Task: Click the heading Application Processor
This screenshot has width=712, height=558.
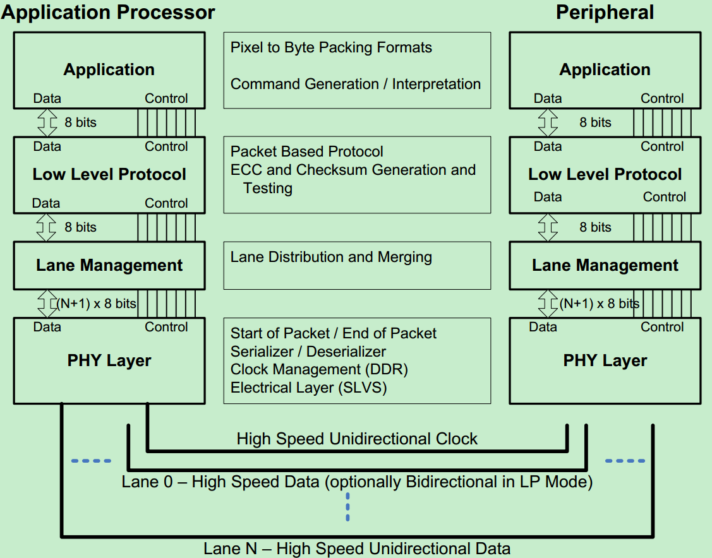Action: coord(108,12)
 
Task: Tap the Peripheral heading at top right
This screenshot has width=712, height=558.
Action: coord(605,12)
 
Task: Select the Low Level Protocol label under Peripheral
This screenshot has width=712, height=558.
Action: coord(605,174)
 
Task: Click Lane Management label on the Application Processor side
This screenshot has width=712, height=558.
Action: coord(109,265)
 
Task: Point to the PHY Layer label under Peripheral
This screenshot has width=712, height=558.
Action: coord(605,360)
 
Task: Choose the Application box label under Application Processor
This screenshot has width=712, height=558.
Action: coord(109,69)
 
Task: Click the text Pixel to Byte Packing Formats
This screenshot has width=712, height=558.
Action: coord(331,47)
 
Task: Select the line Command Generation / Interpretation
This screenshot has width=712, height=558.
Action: coord(355,84)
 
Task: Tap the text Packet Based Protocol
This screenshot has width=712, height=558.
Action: coord(306,151)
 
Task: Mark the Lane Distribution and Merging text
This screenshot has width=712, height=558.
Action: coord(331,257)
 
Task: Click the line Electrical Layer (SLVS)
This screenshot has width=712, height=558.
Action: coord(308,388)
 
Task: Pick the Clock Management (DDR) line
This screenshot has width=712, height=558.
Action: coord(319,369)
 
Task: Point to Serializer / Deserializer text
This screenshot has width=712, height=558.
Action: coord(308,351)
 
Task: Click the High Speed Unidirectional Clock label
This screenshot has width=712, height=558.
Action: coord(357,439)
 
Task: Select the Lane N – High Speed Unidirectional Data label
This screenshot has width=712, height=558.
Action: coord(357,549)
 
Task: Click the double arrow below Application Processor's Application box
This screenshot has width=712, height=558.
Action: coord(47,122)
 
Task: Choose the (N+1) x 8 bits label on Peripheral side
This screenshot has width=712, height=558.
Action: coord(599,304)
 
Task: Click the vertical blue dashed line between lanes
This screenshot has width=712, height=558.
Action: coord(347,506)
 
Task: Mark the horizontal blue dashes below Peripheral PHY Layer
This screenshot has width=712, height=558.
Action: coord(625,461)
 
